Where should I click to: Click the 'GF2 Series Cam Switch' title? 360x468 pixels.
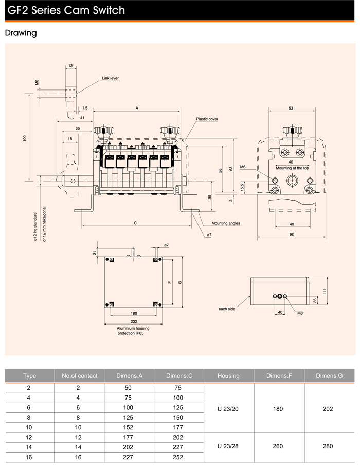pyautogui.click(x=66, y=10)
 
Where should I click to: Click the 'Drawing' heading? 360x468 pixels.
pyautogui.click(x=21, y=33)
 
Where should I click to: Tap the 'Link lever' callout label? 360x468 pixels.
pyautogui.click(x=110, y=78)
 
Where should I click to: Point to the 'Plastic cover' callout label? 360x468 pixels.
pyautogui.click(x=207, y=119)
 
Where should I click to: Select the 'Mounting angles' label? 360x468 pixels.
pyautogui.click(x=226, y=223)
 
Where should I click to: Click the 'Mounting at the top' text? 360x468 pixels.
pyautogui.click(x=292, y=168)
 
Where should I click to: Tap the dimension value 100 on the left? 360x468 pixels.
pyautogui.click(x=24, y=137)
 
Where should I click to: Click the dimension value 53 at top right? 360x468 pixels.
pyautogui.click(x=291, y=108)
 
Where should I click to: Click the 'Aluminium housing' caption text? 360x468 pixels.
pyautogui.click(x=133, y=328)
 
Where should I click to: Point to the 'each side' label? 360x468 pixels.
pyautogui.click(x=227, y=309)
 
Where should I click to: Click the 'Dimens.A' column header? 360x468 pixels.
pyautogui.click(x=129, y=376)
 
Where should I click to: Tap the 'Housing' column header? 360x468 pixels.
pyautogui.click(x=228, y=376)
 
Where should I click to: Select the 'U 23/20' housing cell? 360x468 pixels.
pyautogui.click(x=229, y=409)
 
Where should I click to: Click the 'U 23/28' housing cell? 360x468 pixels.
pyautogui.click(x=229, y=447)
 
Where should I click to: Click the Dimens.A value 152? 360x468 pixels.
pyautogui.click(x=129, y=428)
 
